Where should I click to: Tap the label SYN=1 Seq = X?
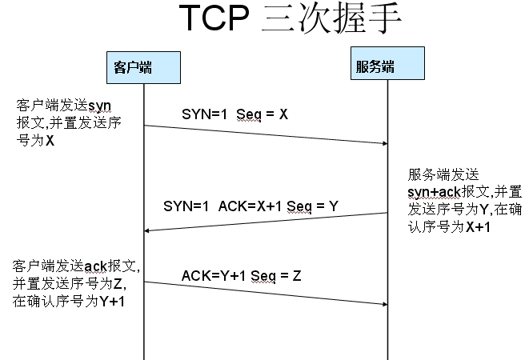(x=234, y=114)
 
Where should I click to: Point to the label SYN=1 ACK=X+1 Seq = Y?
(x=250, y=206)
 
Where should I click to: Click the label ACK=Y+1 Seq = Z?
(x=241, y=276)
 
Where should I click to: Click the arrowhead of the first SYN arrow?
(x=383, y=143)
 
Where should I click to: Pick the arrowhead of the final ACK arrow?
(x=383, y=304)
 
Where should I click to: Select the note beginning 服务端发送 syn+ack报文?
(x=465, y=200)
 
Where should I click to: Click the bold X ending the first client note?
(x=50, y=141)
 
